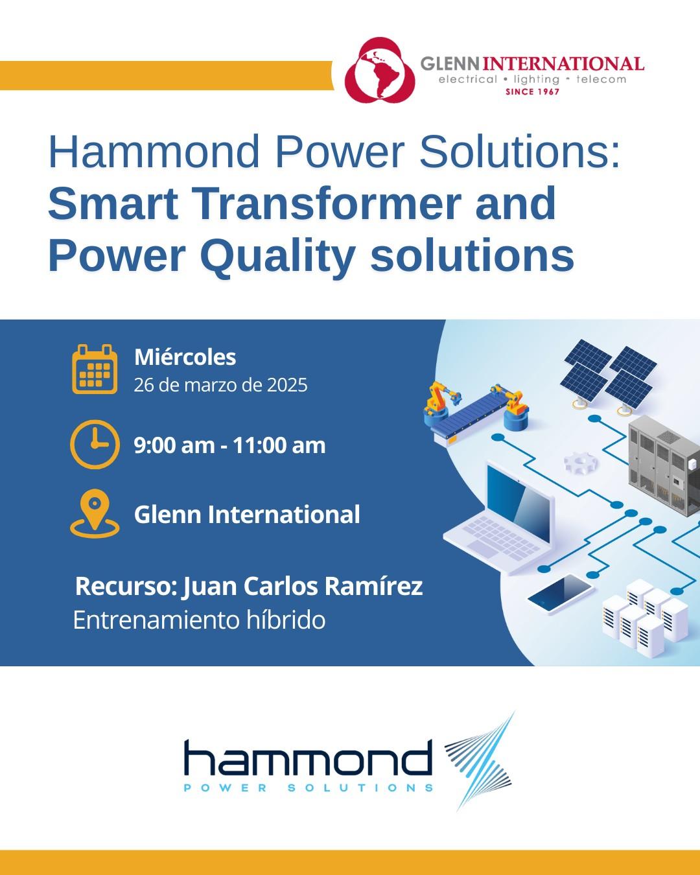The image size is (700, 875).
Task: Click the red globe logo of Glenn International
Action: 379,70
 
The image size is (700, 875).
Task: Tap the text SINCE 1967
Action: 532,91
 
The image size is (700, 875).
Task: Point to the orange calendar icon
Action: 95,369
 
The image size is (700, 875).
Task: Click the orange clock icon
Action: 95,445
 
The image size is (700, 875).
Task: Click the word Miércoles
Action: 185,357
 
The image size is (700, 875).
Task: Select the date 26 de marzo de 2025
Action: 220,385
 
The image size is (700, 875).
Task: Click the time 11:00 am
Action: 279,445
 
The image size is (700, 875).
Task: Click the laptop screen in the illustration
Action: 518,499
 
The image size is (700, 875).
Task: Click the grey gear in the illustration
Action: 581,463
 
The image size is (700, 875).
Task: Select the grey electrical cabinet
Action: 664,466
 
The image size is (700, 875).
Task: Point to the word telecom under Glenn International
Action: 601,79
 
